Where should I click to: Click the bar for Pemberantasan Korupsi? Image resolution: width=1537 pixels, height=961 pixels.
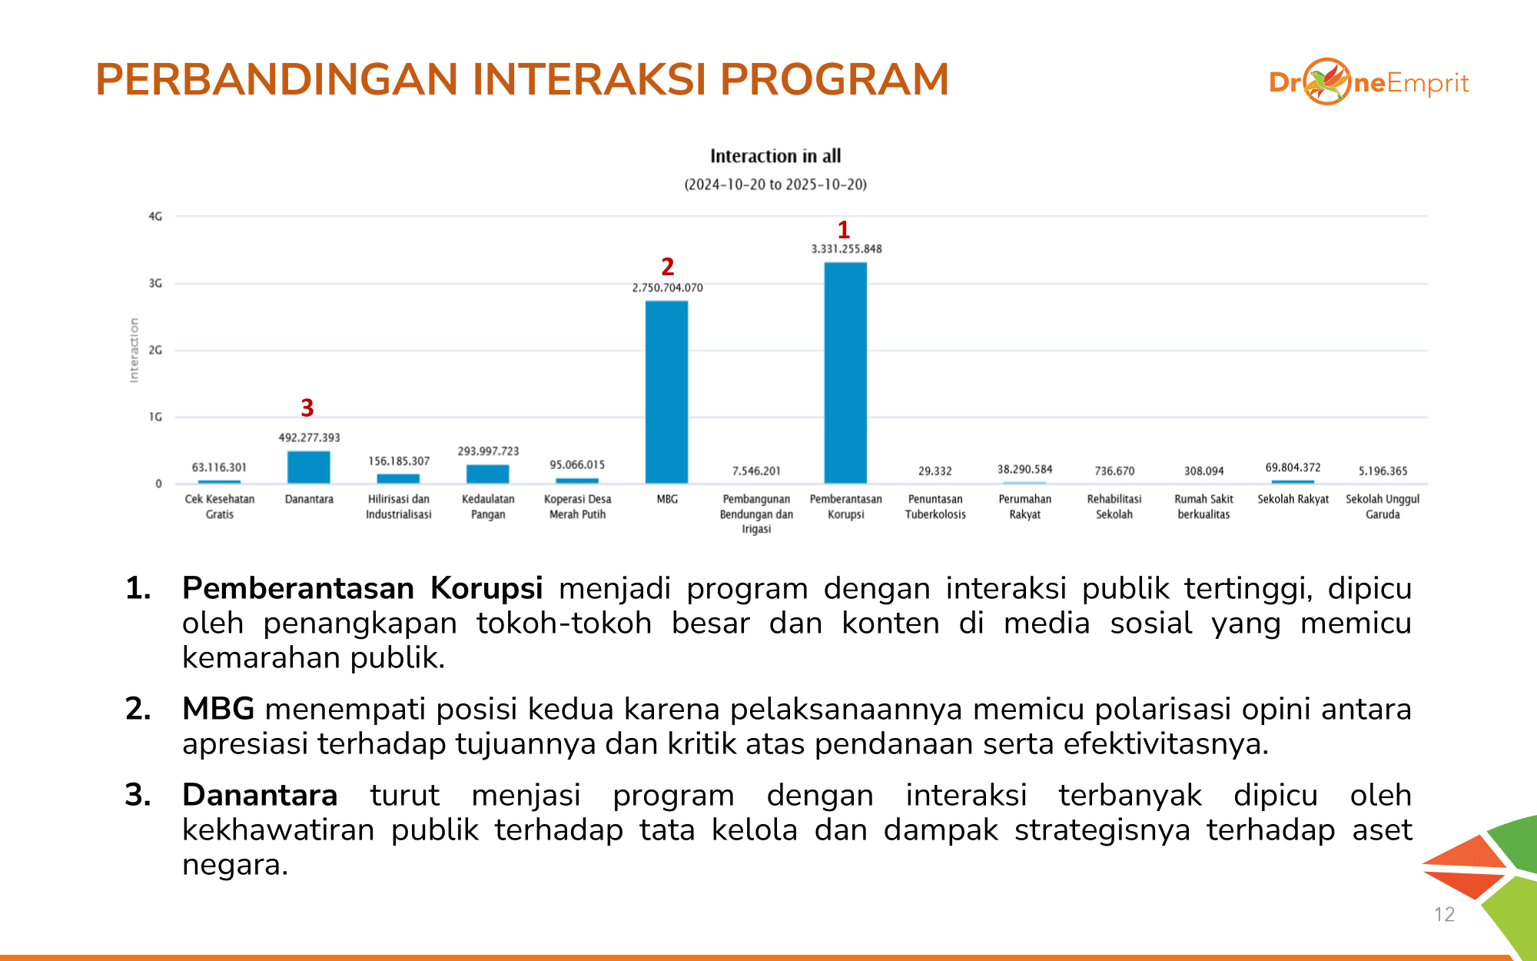[845, 373]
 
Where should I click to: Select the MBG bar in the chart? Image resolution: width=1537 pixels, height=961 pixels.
[666, 392]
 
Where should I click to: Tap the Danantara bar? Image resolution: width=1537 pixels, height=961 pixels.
[308, 467]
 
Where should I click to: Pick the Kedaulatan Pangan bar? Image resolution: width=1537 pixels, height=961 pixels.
[487, 474]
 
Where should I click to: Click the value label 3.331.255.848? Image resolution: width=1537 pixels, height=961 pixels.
[846, 249]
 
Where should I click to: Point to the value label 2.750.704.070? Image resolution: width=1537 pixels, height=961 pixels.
[667, 288]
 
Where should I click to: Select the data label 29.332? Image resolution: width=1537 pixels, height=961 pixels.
[934, 471]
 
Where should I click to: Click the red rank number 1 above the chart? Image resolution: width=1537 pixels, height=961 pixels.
[844, 229]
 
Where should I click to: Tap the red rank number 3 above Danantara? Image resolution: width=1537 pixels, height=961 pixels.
[307, 407]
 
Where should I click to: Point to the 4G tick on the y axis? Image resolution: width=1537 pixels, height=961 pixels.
[155, 217]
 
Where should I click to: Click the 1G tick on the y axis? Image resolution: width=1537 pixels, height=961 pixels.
[155, 417]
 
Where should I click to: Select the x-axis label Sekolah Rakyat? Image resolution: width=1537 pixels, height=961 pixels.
[1293, 499]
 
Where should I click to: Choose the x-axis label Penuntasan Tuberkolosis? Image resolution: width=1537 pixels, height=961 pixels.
[935, 507]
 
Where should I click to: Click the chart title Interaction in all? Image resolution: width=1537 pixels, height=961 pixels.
[775, 156]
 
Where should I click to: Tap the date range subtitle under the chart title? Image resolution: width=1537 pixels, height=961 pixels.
[775, 185]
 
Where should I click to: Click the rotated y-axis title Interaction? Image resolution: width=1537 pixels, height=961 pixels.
[134, 350]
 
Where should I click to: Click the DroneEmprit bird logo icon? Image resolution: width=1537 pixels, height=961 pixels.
[1326, 81]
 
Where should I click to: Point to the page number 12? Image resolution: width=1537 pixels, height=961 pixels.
[1444, 914]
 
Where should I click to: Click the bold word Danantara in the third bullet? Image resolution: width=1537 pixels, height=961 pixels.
[260, 795]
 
